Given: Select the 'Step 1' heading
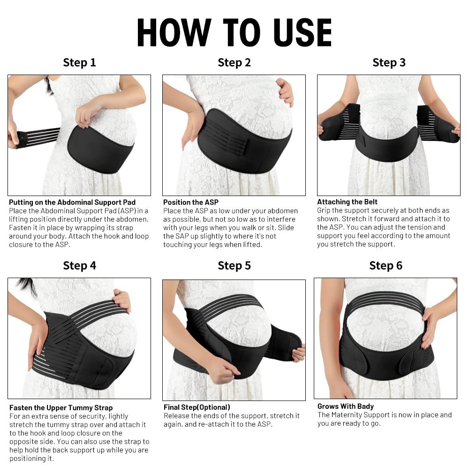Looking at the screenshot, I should coord(79,62).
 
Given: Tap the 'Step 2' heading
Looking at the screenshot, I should coord(234,62).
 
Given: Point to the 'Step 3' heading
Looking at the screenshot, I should coord(389,62).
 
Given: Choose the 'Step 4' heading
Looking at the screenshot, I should coord(79,265).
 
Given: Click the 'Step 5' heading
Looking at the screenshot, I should coord(234,265).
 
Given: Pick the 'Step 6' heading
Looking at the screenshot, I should coord(386,265).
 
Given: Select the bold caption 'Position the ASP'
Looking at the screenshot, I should coord(191,202).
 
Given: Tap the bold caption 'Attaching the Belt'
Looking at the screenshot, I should coord(347,202).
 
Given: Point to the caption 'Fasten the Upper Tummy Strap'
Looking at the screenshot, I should coord(61,408).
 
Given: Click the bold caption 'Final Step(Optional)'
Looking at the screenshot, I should coord(197,407).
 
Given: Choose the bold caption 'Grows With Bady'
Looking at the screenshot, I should coord(345,406).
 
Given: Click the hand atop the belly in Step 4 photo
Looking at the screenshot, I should coord(122,299).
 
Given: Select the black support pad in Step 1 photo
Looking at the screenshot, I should coord(98,150).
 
